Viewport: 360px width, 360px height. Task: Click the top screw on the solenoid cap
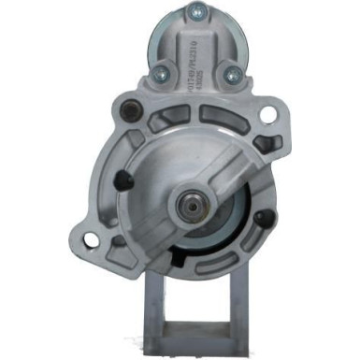coord(194,12)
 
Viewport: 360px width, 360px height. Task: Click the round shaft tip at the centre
coord(194,202)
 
